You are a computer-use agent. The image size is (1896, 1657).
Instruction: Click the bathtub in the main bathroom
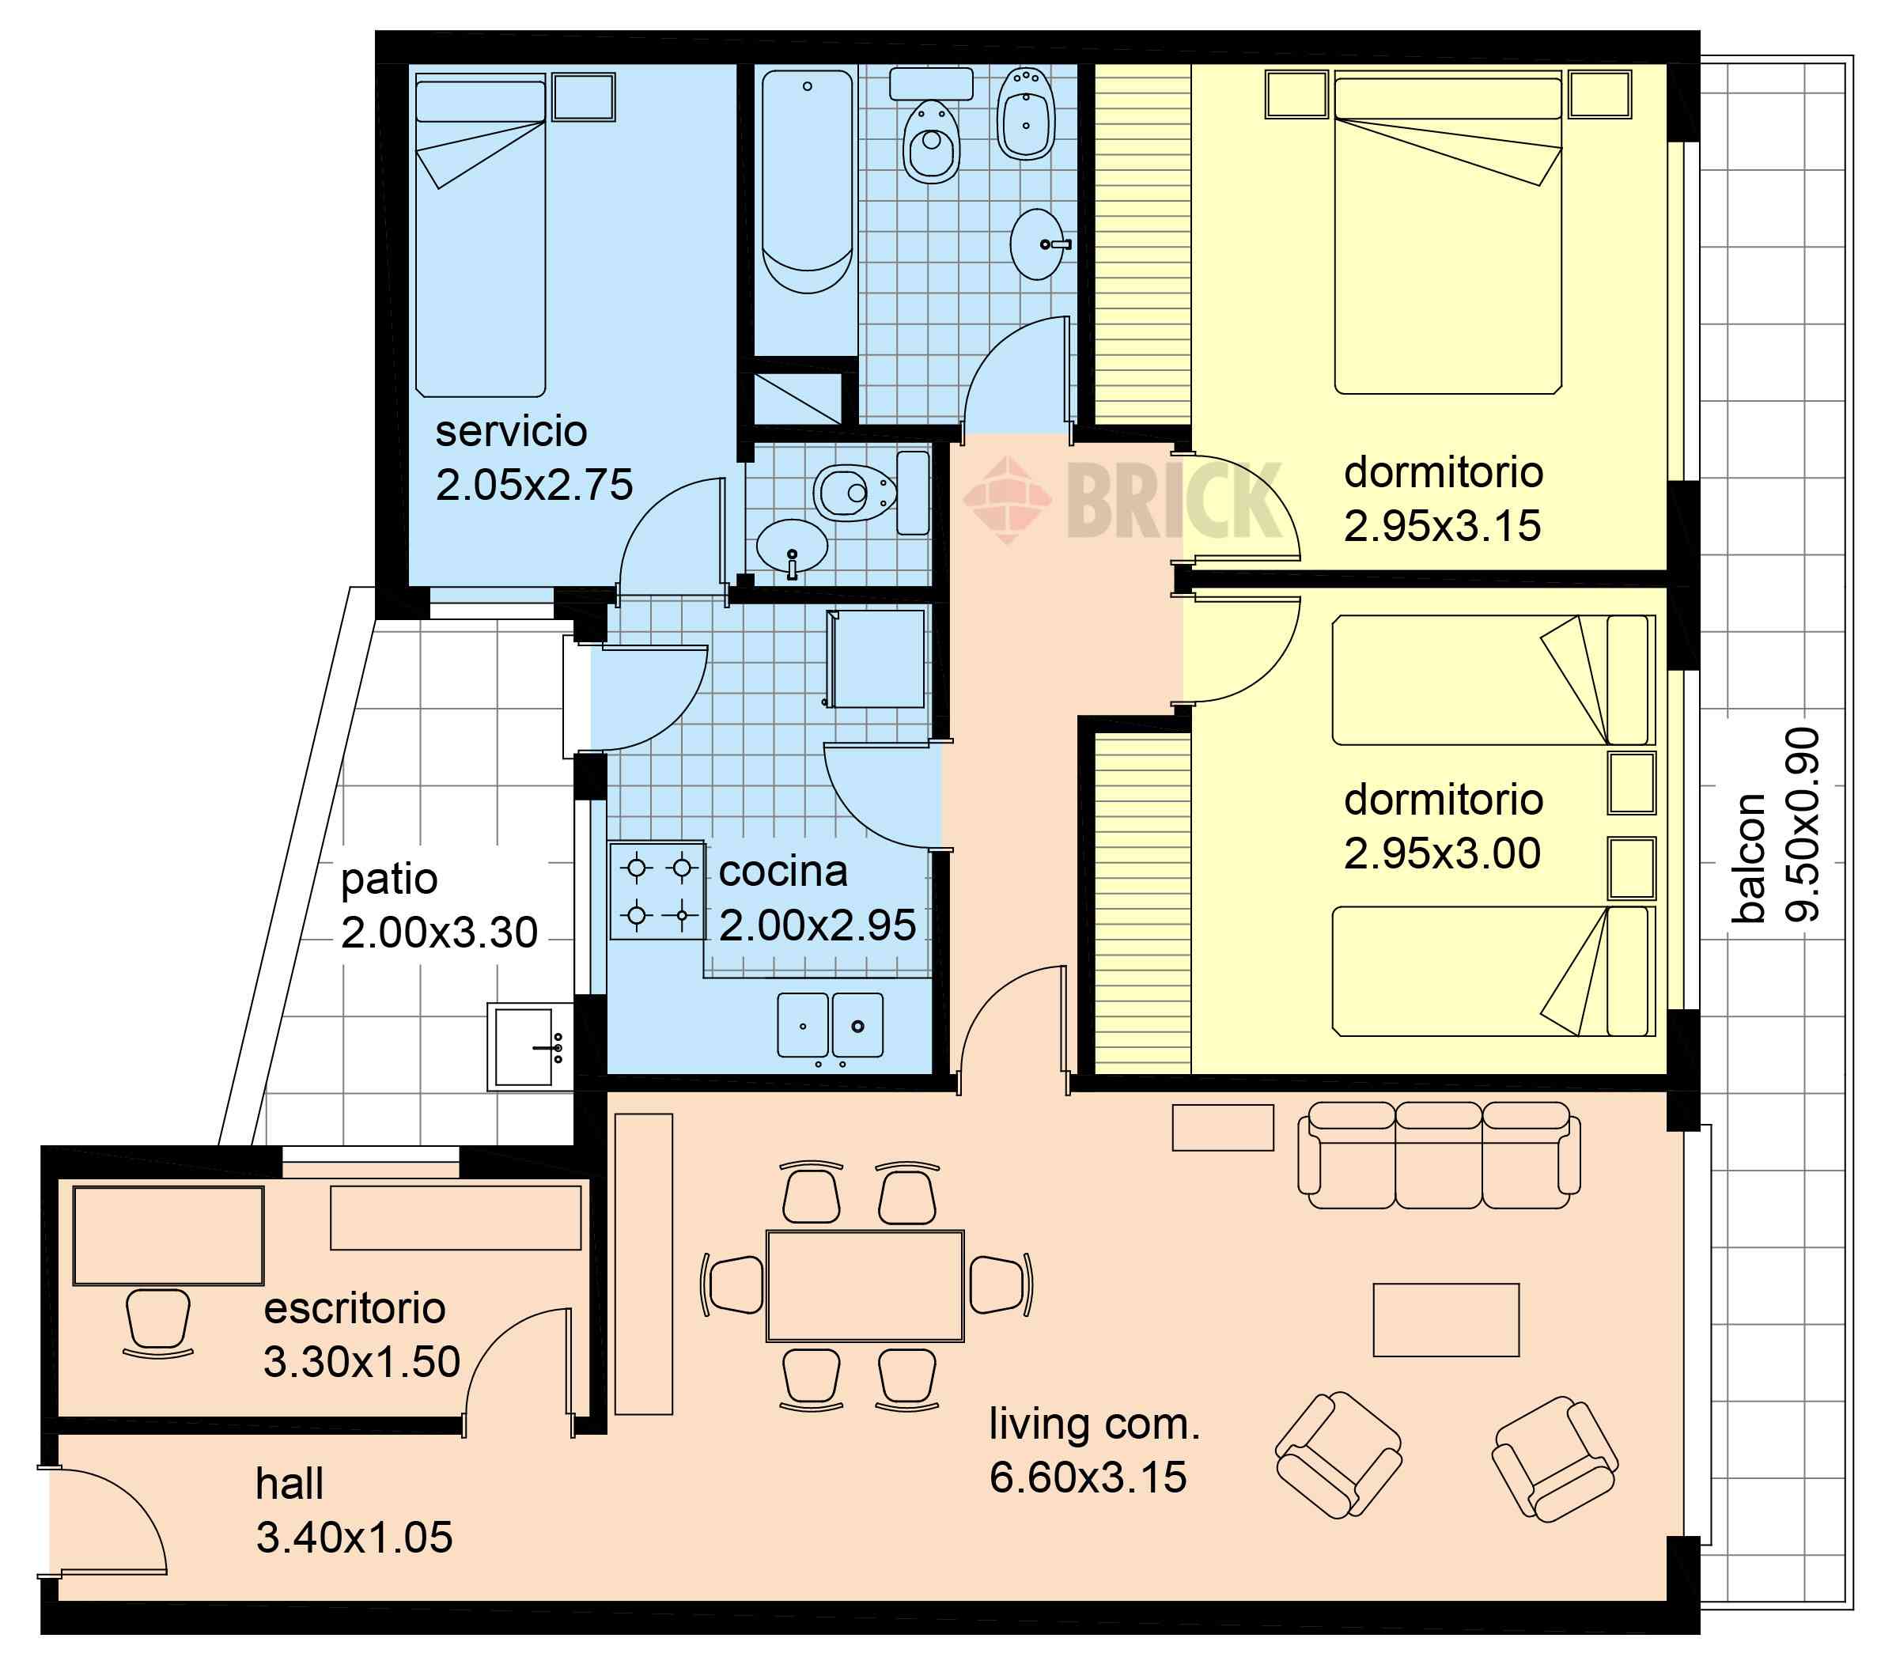click(x=807, y=181)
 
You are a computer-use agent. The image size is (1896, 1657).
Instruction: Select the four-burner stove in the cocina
click(x=657, y=891)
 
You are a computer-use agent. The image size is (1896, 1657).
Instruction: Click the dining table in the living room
click(x=865, y=1285)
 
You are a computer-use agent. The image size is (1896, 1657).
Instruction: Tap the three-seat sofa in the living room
click(x=1438, y=1155)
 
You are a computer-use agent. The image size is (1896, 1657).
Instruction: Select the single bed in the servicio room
click(x=480, y=239)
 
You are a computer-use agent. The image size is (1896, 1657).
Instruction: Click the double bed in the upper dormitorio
click(x=1448, y=236)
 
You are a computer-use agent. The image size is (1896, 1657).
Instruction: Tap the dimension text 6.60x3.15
click(x=1088, y=1477)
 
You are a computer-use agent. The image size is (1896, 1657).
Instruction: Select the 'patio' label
click(x=388, y=880)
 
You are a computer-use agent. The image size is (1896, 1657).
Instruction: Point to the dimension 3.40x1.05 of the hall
click(x=354, y=1537)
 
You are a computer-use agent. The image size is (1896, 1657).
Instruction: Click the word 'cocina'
click(x=782, y=871)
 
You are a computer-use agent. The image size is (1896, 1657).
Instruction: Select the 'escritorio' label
click(x=354, y=1308)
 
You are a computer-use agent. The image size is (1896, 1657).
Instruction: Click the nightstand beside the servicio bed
click(x=584, y=97)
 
